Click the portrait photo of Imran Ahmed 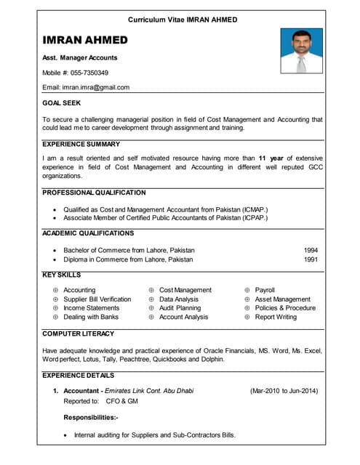[x=301, y=51]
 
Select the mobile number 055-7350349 [x=89, y=73]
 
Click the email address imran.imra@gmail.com [x=96, y=87]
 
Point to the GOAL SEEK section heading [x=62, y=103]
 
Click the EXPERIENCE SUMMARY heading [x=81, y=145]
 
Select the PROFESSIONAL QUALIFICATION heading [x=94, y=193]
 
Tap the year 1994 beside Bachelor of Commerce [x=311, y=250]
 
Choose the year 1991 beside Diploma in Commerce [x=311, y=259]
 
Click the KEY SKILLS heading [x=62, y=275]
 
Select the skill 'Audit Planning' [x=180, y=308]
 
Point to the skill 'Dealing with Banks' [x=91, y=317]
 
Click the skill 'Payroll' [x=265, y=290]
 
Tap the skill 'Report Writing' [x=276, y=317]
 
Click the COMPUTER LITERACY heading [x=79, y=333]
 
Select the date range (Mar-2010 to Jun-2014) [x=284, y=391]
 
